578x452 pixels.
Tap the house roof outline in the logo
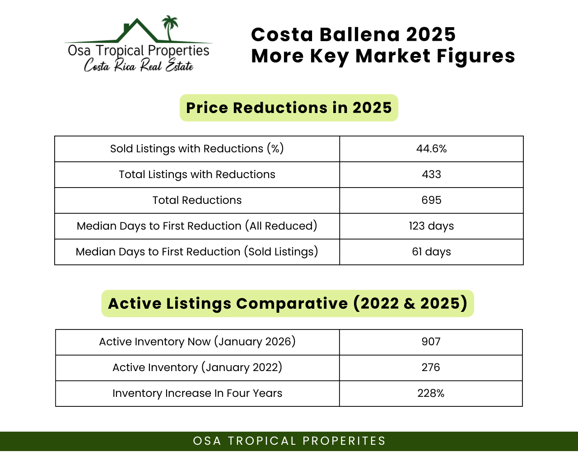tap(137, 30)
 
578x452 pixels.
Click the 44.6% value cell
tap(431, 149)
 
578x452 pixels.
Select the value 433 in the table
tap(431, 174)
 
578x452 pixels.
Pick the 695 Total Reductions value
tap(431, 200)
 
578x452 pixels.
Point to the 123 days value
tap(431, 226)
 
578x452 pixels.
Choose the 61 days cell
tap(431, 252)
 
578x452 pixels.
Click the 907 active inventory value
tap(431, 342)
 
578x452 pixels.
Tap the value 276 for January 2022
tap(431, 367)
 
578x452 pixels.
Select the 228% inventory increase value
tap(431, 393)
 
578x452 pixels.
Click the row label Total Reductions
tap(197, 200)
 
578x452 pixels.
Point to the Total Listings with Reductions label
tap(197, 174)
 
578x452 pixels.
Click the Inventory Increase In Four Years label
tap(197, 393)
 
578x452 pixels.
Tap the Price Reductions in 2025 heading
tap(289, 108)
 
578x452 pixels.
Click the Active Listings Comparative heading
tap(288, 303)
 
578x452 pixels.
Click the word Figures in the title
tap(475, 56)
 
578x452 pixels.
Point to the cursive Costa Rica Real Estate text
tap(139, 65)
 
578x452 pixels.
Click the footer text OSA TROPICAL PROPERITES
tap(289, 441)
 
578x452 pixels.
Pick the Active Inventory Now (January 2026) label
tap(197, 342)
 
